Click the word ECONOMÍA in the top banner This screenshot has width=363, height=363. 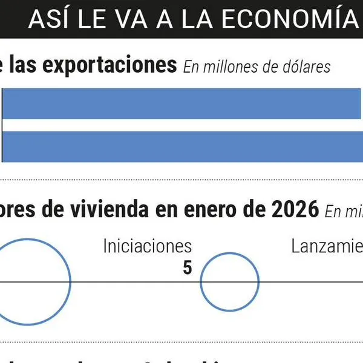(x=289, y=19)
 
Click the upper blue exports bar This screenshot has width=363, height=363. (x=181, y=103)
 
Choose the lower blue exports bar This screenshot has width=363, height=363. (x=181, y=146)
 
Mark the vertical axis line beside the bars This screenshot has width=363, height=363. (x=2, y=125)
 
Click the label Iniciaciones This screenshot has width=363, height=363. (x=147, y=246)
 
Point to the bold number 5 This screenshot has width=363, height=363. (x=187, y=267)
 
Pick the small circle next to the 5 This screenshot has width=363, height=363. (x=230, y=282)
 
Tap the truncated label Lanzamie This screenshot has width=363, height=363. (x=327, y=246)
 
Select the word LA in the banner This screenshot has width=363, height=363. (x=193, y=19)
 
